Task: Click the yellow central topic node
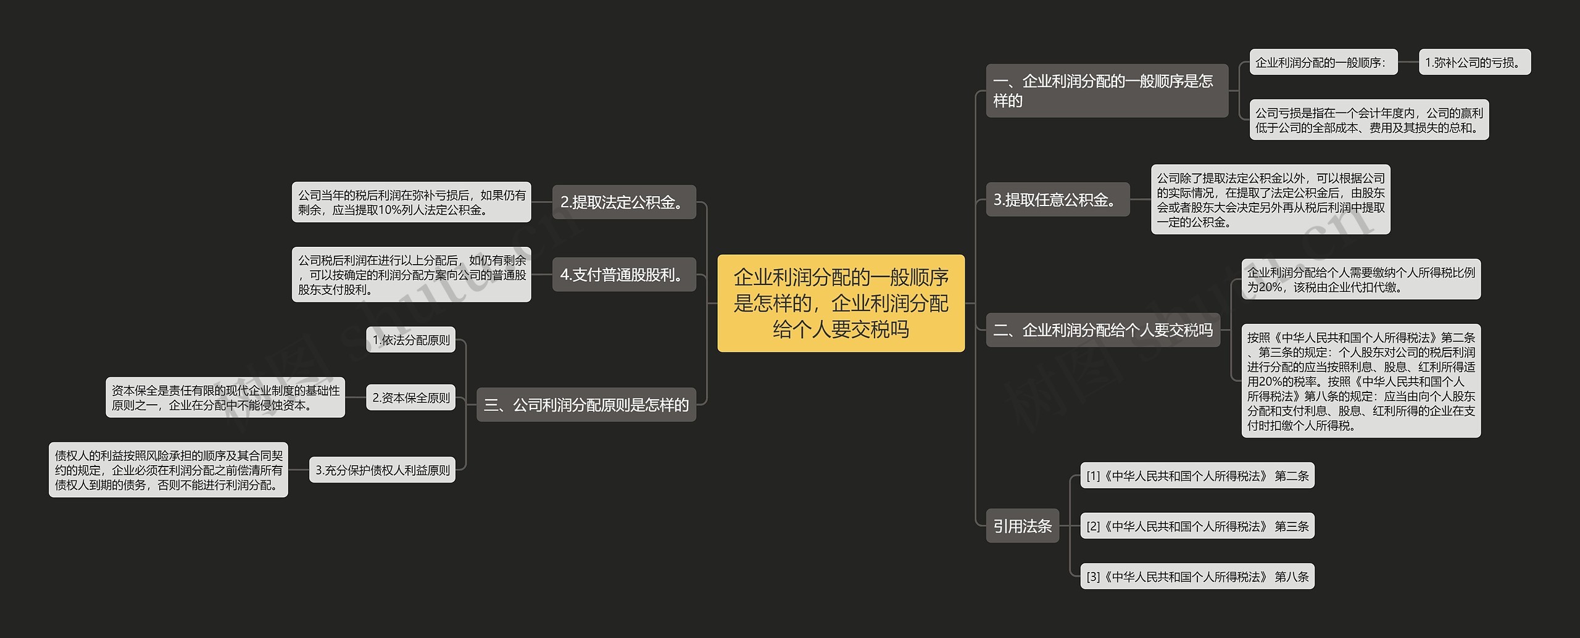(x=841, y=303)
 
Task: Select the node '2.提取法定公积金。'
(x=624, y=202)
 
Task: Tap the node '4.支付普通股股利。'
(x=624, y=275)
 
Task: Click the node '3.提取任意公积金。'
(x=1058, y=199)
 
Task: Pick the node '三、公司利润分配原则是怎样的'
(x=586, y=405)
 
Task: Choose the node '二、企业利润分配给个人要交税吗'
(x=1103, y=330)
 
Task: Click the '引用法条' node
(x=1023, y=526)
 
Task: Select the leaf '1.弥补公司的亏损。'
(x=1475, y=62)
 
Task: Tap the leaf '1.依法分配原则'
(x=410, y=340)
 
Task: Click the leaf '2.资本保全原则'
(x=410, y=398)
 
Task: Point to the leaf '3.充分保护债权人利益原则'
(x=382, y=470)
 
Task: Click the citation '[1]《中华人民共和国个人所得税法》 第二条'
(x=1197, y=476)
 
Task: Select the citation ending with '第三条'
(x=1197, y=526)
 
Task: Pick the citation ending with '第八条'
(x=1197, y=576)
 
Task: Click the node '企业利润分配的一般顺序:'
(x=1324, y=62)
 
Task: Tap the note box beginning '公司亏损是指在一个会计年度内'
(x=1370, y=120)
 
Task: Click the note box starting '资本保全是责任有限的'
(x=225, y=397)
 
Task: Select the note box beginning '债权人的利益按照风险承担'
(x=168, y=470)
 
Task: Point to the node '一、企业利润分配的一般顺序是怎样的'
(x=1107, y=91)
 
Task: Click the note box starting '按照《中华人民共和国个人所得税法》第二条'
(x=1362, y=381)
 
